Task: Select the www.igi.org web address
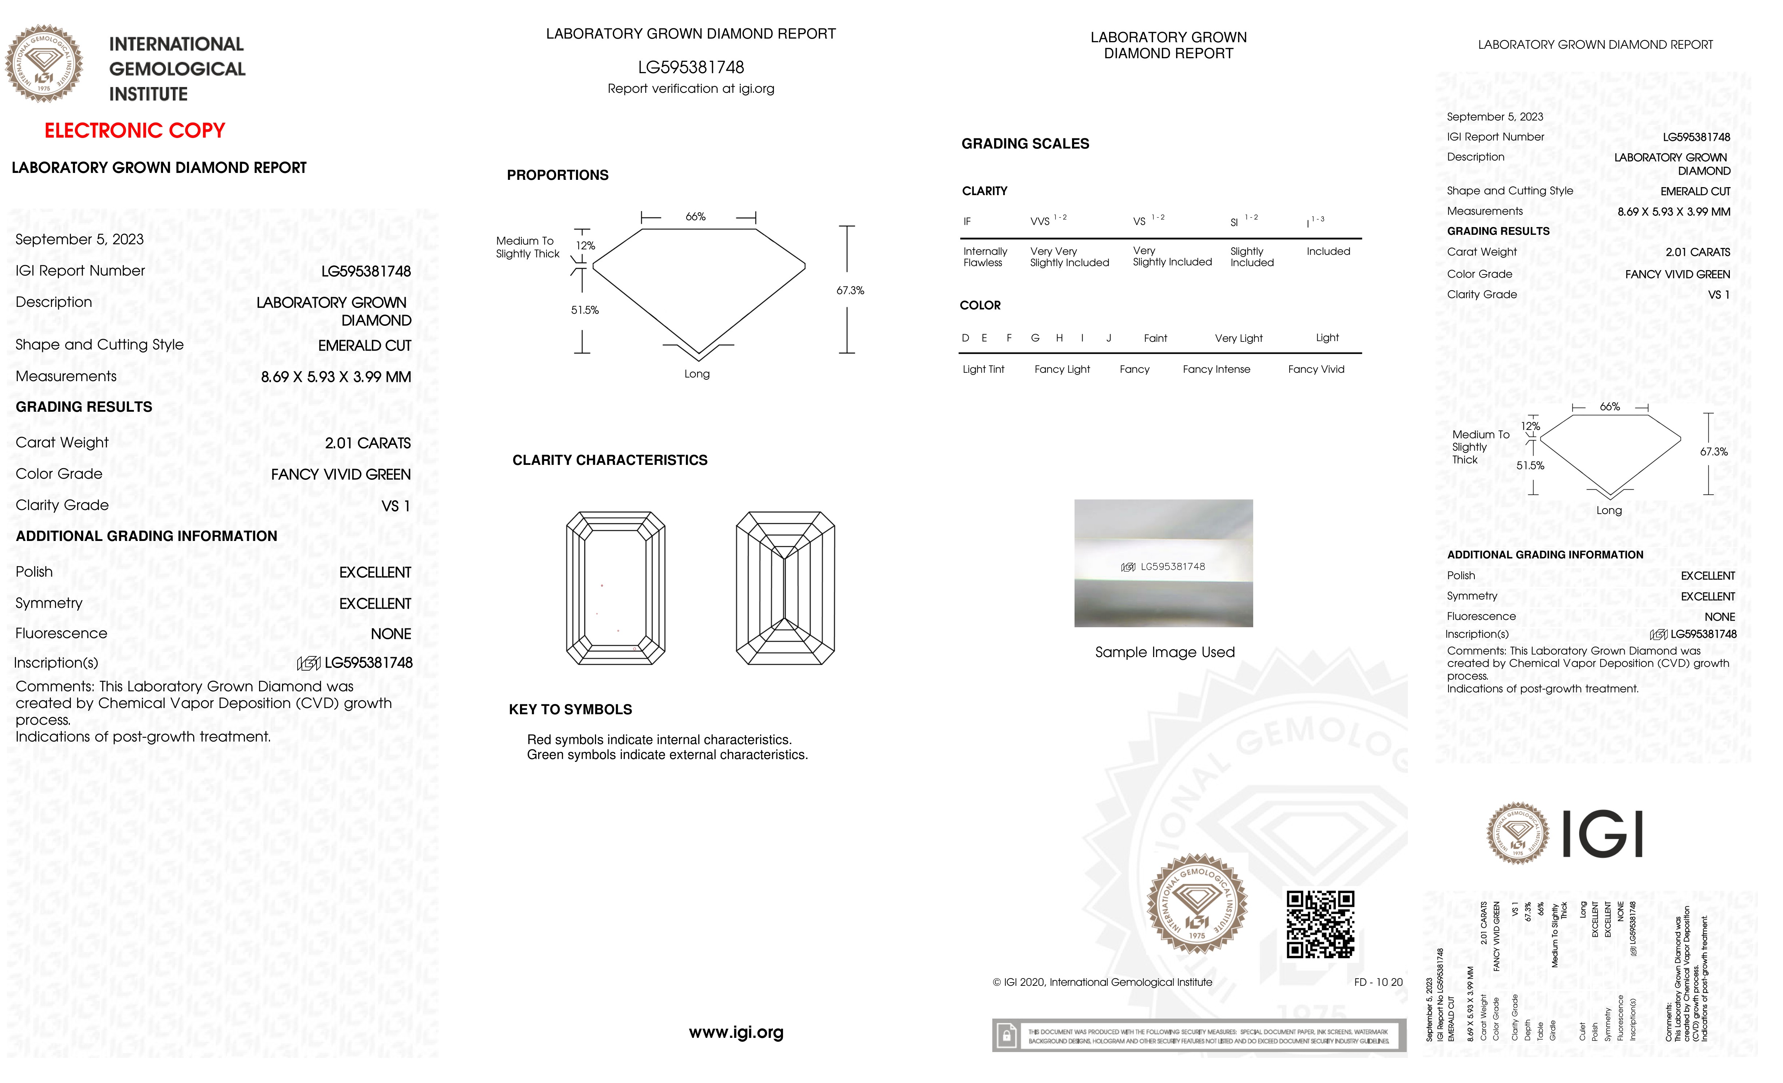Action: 736,1032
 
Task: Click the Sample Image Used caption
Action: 1164,652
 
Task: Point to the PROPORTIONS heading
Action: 557,175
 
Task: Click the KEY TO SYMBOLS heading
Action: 570,710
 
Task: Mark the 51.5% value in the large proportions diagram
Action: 585,310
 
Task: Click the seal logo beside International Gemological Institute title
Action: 44,64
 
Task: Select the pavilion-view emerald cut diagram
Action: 785,588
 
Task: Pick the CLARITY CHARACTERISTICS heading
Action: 609,461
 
